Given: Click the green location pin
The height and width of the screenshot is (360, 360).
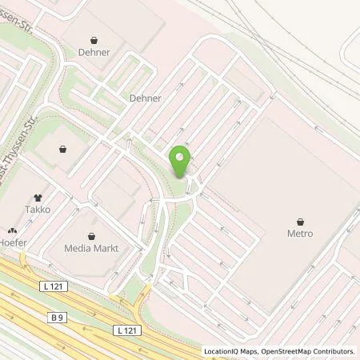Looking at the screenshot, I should click(181, 161).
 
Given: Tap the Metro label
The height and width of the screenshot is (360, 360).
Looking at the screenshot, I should click(300, 234).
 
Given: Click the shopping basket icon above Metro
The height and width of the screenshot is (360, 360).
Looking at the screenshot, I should click(300, 222).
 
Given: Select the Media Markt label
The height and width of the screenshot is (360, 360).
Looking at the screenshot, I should click(92, 248).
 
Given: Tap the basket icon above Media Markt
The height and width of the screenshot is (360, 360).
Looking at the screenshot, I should click(92, 236).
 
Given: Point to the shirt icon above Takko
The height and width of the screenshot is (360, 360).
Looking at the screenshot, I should click(38, 197).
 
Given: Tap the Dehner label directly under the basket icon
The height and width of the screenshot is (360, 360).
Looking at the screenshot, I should click(94, 52).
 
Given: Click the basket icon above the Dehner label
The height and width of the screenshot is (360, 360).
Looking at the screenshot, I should click(94, 39).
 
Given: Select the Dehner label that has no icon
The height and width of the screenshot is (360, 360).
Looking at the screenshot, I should click(146, 98).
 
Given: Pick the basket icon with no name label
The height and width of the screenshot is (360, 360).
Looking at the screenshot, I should click(63, 148).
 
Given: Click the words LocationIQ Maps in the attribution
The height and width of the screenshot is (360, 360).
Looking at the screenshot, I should click(232, 351).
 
